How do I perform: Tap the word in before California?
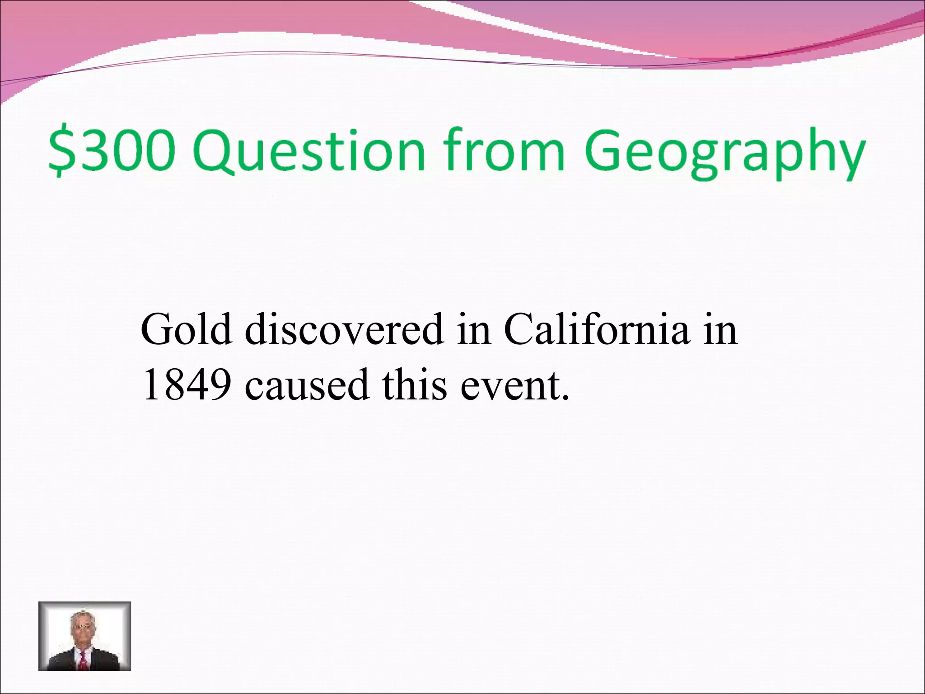[x=473, y=329]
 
